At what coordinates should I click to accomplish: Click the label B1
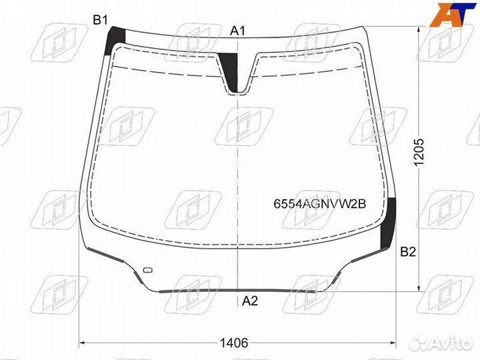click(101, 21)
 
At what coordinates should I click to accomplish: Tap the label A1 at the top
click(238, 31)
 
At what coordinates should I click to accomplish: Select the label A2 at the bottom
click(250, 301)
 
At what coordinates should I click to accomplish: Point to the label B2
click(409, 251)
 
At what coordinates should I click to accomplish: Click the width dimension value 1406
click(234, 343)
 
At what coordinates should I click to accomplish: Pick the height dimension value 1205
click(419, 152)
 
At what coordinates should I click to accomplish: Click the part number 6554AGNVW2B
click(319, 203)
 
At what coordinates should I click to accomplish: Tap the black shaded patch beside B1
click(115, 41)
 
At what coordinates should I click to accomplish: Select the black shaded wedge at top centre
click(230, 71)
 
